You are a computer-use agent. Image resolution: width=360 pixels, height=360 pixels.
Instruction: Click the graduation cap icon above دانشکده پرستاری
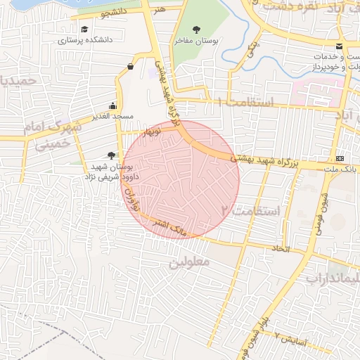(x=84, y=30)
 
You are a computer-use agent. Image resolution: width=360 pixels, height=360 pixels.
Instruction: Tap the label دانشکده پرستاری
(x=85, y=41)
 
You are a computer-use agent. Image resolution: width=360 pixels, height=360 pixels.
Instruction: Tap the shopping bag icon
(x=131, y=67)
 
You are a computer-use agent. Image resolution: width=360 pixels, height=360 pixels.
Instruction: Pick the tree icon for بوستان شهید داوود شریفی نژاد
(x=110, y=155)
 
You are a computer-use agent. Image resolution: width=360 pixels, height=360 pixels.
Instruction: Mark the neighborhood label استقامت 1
(x=245, y=103)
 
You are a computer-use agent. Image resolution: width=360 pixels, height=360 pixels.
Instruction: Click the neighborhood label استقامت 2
(x=250, y=210)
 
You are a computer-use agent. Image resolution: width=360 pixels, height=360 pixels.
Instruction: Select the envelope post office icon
(x=340, y=46)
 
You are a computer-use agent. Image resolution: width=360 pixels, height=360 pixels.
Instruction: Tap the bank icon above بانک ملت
(x=340, y=157)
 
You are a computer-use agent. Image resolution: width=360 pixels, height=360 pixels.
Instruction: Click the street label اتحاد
(x=281, y=250)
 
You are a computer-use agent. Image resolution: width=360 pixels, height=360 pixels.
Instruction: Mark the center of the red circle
(x=181, y=179)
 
